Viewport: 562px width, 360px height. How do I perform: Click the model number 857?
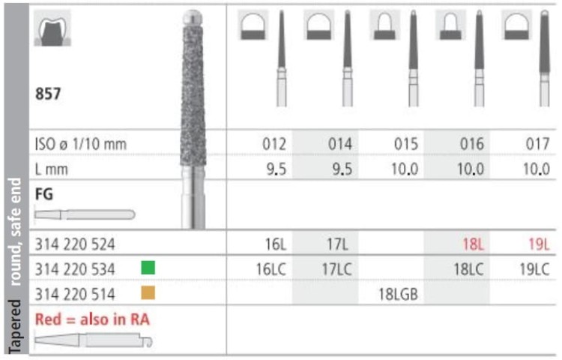49,95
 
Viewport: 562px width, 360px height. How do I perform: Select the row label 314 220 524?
76,244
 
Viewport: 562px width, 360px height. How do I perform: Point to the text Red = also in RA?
91,319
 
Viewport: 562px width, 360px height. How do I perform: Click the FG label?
43,193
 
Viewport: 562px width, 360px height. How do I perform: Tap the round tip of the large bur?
193,16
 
